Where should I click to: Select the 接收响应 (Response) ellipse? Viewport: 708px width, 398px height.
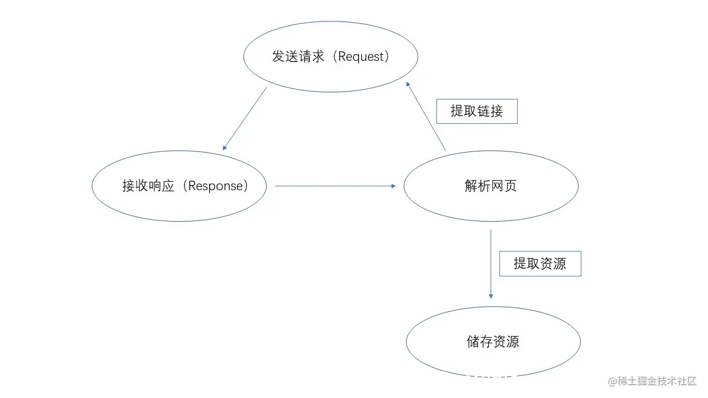pos(179,205)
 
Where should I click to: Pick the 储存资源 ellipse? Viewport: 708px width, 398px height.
pos(493,359)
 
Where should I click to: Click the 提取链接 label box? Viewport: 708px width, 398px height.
pos(477,111)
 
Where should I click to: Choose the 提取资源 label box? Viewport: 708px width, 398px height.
pos(540,264)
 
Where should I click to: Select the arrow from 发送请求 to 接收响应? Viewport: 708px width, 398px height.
pos(244,119)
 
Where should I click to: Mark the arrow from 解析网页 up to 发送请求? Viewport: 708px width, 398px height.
pos(426,116)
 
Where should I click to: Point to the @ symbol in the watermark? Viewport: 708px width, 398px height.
pos(612,381)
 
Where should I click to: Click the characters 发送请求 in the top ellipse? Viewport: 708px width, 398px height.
pos(298,56)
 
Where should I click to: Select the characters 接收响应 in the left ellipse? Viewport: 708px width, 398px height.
pos(148,186)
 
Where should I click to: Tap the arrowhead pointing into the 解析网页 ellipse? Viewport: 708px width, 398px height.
pos(393,186)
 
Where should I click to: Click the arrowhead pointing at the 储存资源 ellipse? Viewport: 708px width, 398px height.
pos(491,296)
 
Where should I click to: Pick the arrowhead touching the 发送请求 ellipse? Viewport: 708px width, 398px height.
pos(408,84)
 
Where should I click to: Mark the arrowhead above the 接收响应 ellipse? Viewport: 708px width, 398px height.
pos(225,148)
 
